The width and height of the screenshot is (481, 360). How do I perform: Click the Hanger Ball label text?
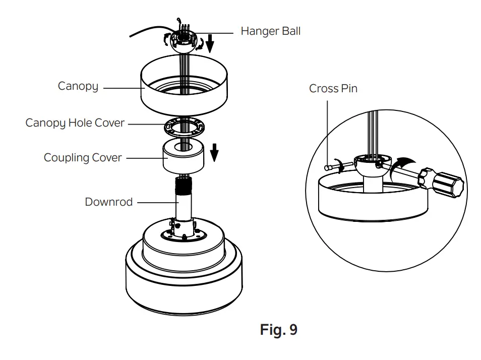point(270,31)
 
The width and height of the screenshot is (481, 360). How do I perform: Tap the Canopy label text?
point(78,86)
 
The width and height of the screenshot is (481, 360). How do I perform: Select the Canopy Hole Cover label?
point(75,123)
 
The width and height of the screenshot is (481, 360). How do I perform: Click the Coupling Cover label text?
point(82,158)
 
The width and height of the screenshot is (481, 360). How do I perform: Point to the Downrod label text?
point(108,202)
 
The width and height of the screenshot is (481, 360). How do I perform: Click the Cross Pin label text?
point(333,89)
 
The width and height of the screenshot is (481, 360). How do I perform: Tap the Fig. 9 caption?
point(278,330)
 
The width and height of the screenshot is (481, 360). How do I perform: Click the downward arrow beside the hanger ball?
point(210,44)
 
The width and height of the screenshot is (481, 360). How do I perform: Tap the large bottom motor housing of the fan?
point(184,282)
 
